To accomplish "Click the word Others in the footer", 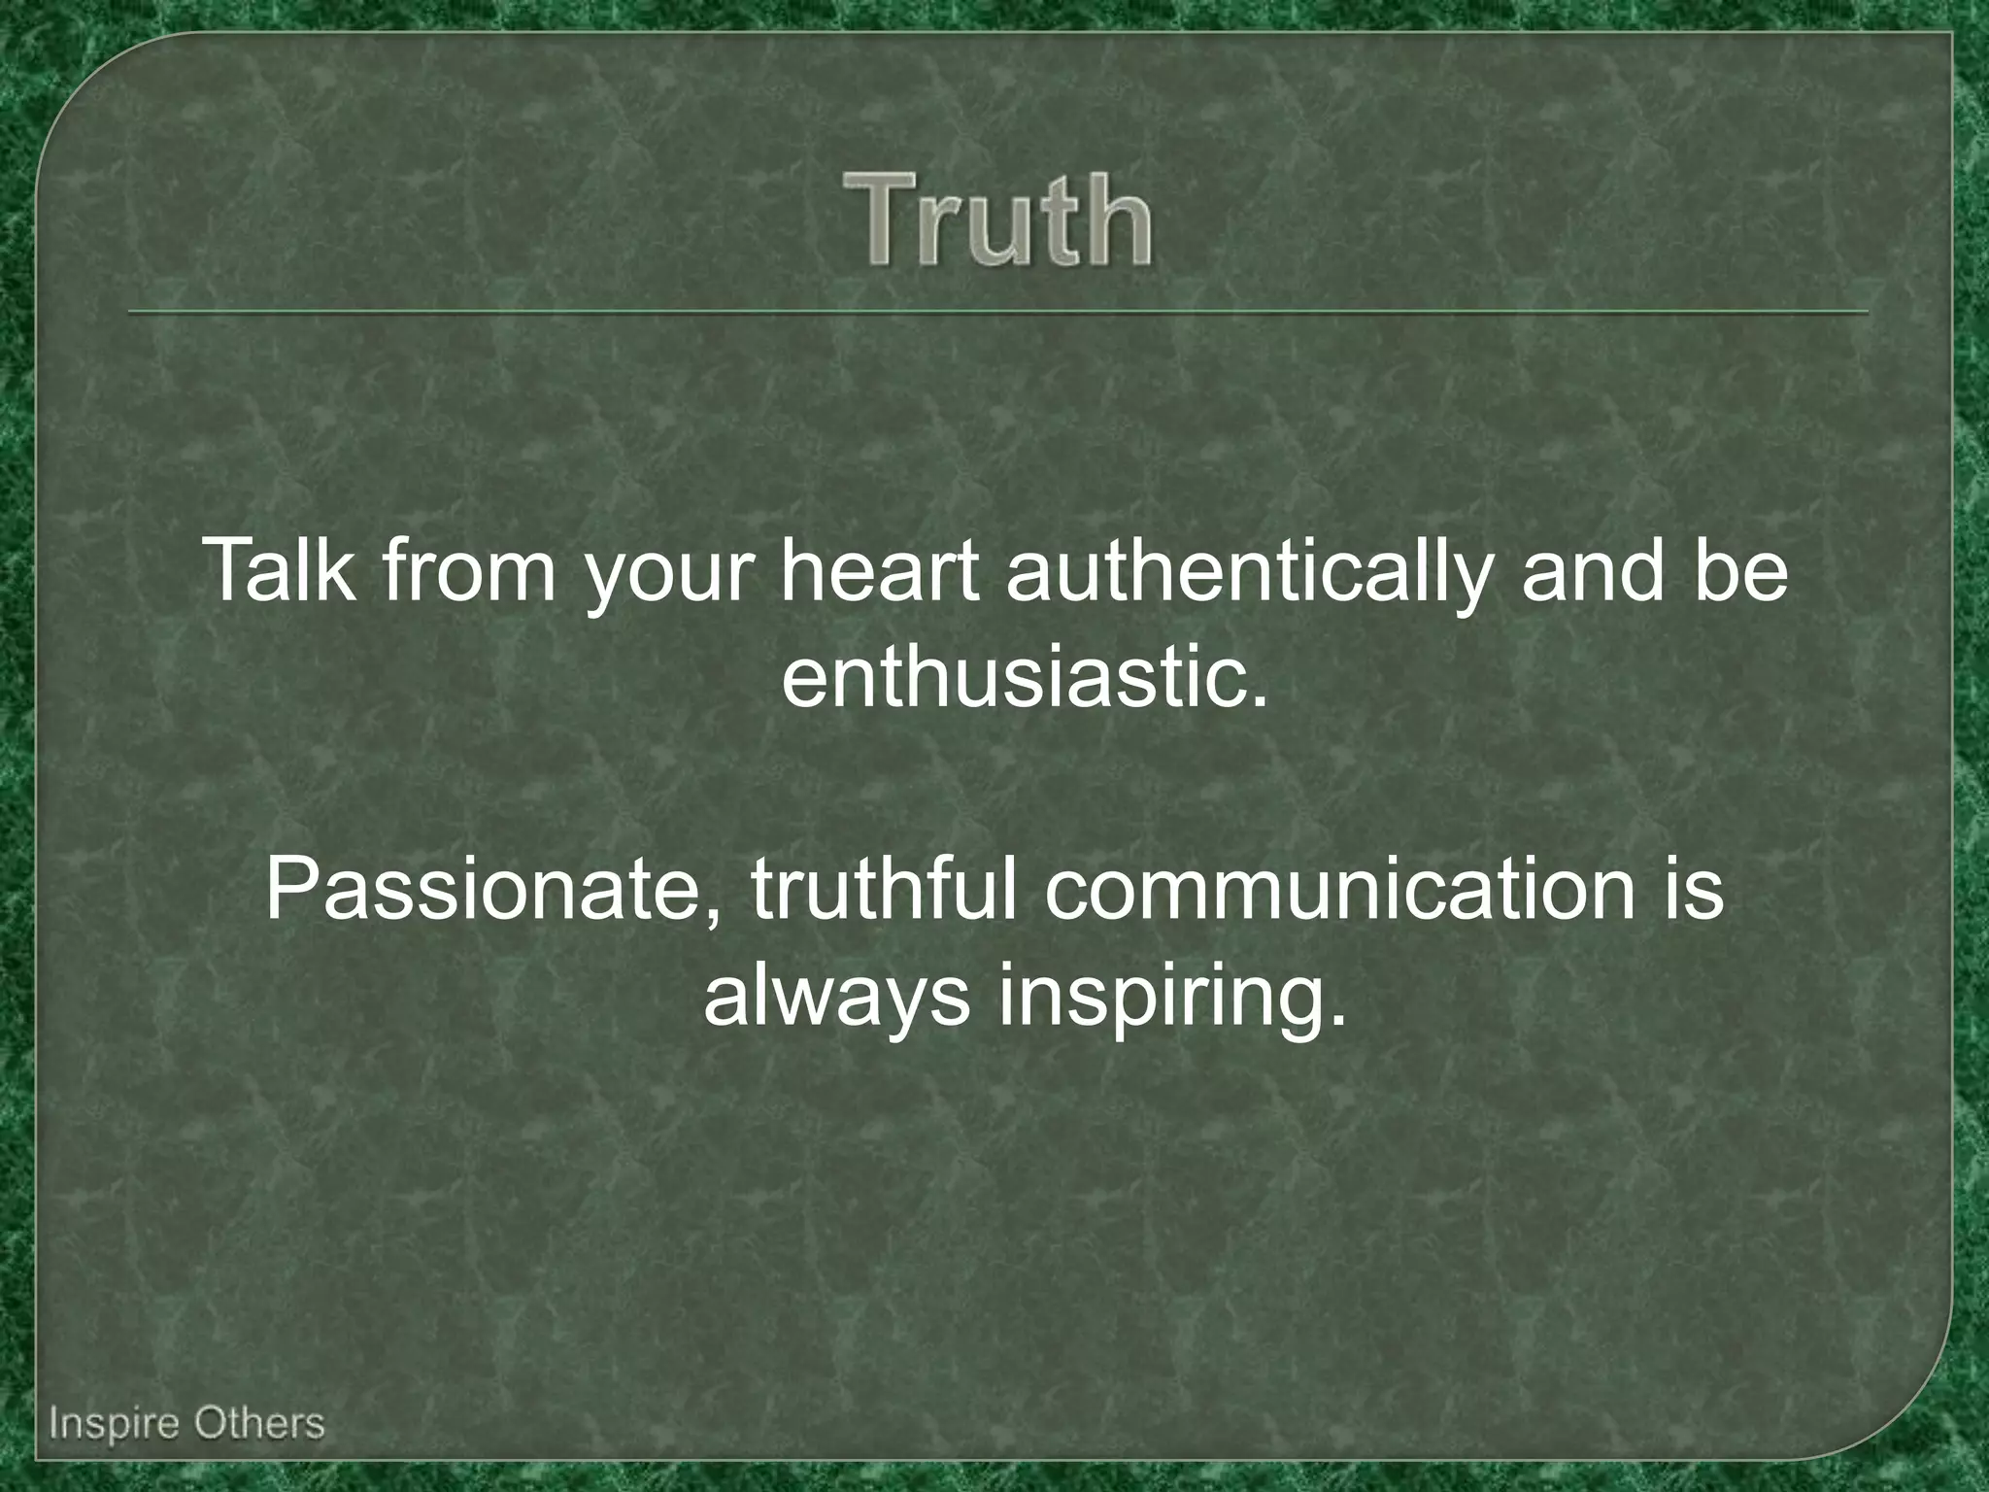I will pyautogui.click(x=258, y=1424).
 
